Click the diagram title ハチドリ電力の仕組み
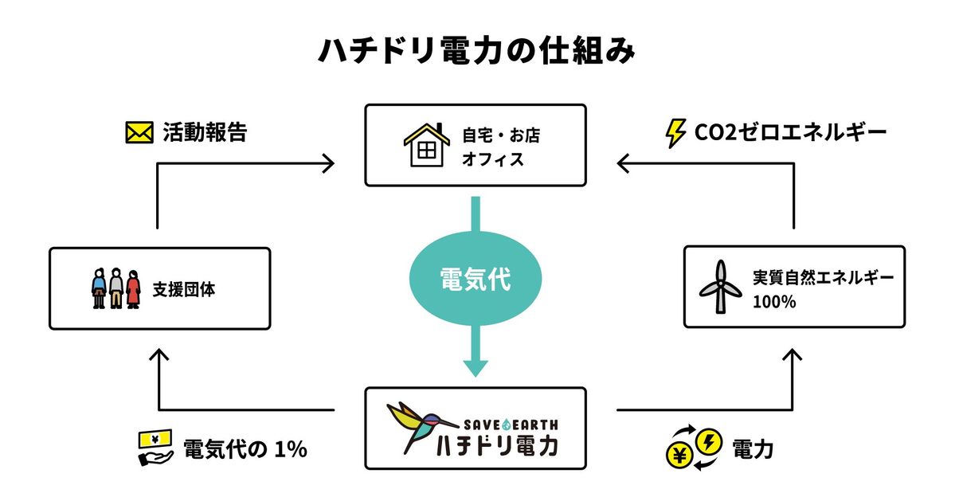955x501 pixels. tap(476, 50)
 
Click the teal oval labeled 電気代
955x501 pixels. tap(476, 280)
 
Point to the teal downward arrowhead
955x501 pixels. tap(476, 366)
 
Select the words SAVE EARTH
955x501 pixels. tap(510, 424)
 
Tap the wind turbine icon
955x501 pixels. tap(720, 288)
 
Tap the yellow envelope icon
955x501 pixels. tap(139, 132)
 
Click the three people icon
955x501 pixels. tap(115, 288)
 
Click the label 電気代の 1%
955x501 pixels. tap(245, 449)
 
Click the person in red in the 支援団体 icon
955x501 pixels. tap(132, 288)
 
